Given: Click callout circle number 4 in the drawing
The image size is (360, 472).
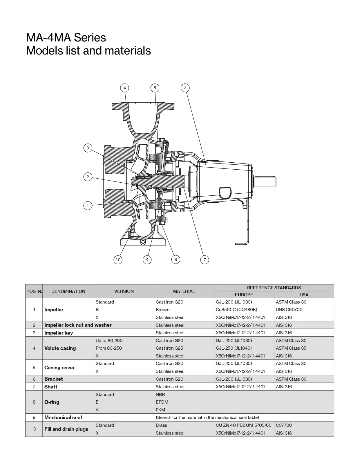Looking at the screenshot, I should [x=124, y=88].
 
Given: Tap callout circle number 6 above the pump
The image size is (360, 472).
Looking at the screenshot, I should [x=185, y=88].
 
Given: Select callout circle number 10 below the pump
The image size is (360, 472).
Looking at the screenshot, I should [x=118, y=260].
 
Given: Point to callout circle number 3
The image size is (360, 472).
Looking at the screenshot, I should [x=88, y=148].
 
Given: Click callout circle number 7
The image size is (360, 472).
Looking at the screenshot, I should [x=205, y=260].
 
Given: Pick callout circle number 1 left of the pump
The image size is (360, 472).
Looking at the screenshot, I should [x=88, y=206].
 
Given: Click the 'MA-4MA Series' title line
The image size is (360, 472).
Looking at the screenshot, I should [x=66, y=38].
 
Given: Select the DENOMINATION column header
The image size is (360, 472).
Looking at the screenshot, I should [x=68, y=291].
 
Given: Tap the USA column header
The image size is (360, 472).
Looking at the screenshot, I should [x=304, y=295].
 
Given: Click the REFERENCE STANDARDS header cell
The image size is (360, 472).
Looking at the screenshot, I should [x=274, y=288].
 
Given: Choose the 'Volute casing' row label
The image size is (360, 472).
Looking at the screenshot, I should [x=60, y=348].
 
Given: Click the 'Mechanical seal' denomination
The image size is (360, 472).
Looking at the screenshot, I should [x=63, y=417].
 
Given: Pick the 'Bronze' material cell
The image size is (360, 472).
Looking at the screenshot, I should [x=163, y=310].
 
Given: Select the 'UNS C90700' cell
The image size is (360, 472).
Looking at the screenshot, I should [x=289, y=310].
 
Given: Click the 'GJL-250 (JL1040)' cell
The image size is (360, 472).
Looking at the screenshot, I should [x=234, y=348].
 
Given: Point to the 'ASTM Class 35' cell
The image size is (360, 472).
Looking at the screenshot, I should [x=291, y=348].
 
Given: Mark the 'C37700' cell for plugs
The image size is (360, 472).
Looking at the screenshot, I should [x=284, y=425].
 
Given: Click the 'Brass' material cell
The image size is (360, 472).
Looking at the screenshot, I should [x=161, y=425].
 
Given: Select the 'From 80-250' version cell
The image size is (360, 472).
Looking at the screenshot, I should [x=109, y=348].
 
